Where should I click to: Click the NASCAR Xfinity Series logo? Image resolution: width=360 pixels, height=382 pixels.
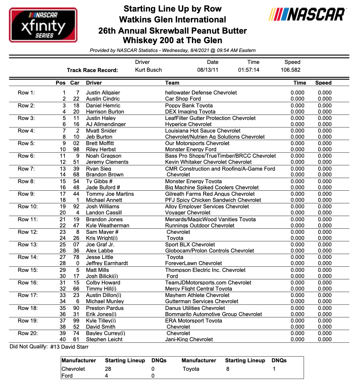(x=43, y=25)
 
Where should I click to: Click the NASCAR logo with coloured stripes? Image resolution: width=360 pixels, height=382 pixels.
(x=307, y=15)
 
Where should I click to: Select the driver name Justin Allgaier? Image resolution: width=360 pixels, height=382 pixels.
(x=103, y=93)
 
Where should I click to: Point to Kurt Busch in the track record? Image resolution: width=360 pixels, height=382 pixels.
(x=148, y=70)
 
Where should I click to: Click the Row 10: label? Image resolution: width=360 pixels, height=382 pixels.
(x=28, y=207)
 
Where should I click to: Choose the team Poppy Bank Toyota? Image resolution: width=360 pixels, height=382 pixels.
(x=189, y=106)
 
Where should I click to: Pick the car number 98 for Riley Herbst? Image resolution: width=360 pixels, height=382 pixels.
(x=76, y=150)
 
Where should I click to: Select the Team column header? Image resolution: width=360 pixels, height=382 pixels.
(x=172, y=83)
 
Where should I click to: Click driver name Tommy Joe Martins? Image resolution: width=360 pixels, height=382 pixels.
(x=110, y=194)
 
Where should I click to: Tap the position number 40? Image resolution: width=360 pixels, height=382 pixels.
(x=62, y=340)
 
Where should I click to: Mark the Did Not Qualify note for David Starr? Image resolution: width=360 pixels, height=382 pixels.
(x=49, y=347)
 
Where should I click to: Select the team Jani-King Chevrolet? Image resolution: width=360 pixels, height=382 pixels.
(x=189, y=340)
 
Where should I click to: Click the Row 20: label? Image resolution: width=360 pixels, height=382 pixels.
(x=28, y=333)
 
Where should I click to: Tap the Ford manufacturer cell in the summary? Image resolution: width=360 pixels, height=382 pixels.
(x=67, y=376)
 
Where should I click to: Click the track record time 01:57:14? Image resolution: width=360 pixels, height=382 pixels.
(x=249, y=70)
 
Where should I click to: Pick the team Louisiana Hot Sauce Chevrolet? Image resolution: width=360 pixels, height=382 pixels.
(x=203, y=131)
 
